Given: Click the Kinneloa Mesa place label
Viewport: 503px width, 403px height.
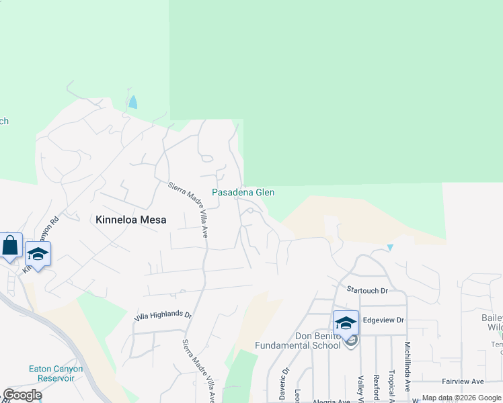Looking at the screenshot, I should point(130,220).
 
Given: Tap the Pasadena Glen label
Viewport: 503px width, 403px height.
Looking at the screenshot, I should point(243,192).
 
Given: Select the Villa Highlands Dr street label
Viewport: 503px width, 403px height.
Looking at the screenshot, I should point(163,314).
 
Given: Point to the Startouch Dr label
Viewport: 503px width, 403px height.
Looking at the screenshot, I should point(368,290).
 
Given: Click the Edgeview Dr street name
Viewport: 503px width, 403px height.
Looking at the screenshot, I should point(383,320).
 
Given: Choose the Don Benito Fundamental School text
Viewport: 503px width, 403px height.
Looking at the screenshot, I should point(297,341).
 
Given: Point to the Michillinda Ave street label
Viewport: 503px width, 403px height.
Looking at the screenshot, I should point(408,366).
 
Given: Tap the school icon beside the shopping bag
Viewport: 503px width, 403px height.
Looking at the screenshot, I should point(38,255).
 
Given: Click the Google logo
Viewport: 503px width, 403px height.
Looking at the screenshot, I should point(22,395).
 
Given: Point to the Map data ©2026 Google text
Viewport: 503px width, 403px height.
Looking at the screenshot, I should point(461,398).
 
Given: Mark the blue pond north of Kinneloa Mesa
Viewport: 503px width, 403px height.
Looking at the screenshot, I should point(133,102).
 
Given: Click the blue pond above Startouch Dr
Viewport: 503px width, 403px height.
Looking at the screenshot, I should point(390,247).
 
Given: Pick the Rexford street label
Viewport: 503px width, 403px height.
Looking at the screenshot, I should point(377,385).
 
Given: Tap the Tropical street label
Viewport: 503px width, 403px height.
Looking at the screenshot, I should point(391,385).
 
